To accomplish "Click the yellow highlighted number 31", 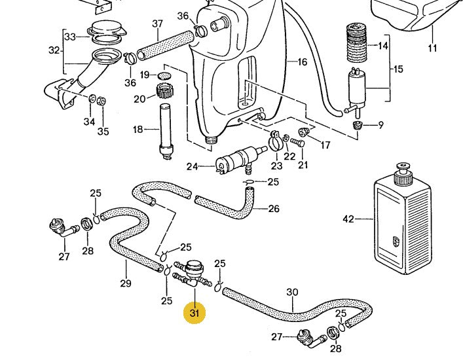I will point(194,313).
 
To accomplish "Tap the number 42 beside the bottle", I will point(348,219).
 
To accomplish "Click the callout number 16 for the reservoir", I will point(302,62).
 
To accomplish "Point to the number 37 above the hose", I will point(157,24).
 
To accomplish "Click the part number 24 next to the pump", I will point(191,166).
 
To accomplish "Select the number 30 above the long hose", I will point(292,292).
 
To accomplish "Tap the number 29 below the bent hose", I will point(126,283).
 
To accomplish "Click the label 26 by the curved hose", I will point(274,209).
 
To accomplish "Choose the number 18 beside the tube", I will point(138,130).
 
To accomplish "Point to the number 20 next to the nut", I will point(139,99).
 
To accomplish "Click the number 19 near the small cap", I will point(145,75).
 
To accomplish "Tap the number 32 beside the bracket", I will point(54,50).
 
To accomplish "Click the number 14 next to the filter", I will point(383,46).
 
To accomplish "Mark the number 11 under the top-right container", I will point(432,48).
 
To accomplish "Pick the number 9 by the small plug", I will point(381,124).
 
